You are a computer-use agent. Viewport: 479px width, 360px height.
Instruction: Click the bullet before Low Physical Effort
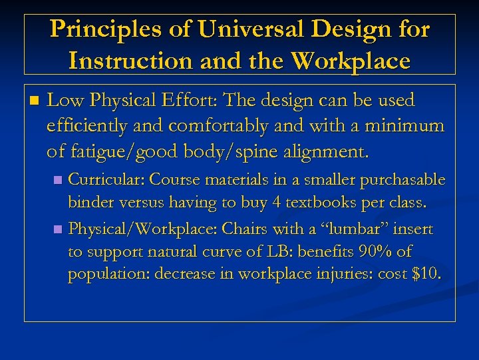(x=35, y=101)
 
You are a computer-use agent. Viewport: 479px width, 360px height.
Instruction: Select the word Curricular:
(x=107, y=179)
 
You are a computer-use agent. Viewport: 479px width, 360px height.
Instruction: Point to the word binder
(x=88, y=202)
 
